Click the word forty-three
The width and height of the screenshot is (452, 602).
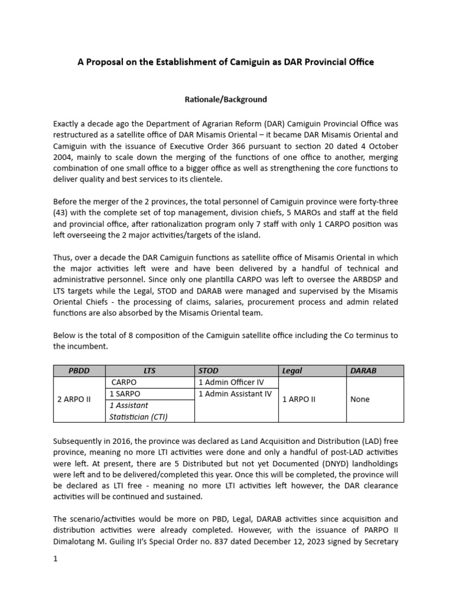(x=377, y=201)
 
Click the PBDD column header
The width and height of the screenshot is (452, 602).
(x=79, y=371)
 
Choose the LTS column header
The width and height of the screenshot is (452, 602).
(x=149, y=371)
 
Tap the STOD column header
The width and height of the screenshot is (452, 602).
(x=208, y=371)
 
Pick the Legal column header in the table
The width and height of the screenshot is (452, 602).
(x=293, y=371)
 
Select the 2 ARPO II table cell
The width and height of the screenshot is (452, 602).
(x=75, y=399)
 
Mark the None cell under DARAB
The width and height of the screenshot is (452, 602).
(x=360, y=399)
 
